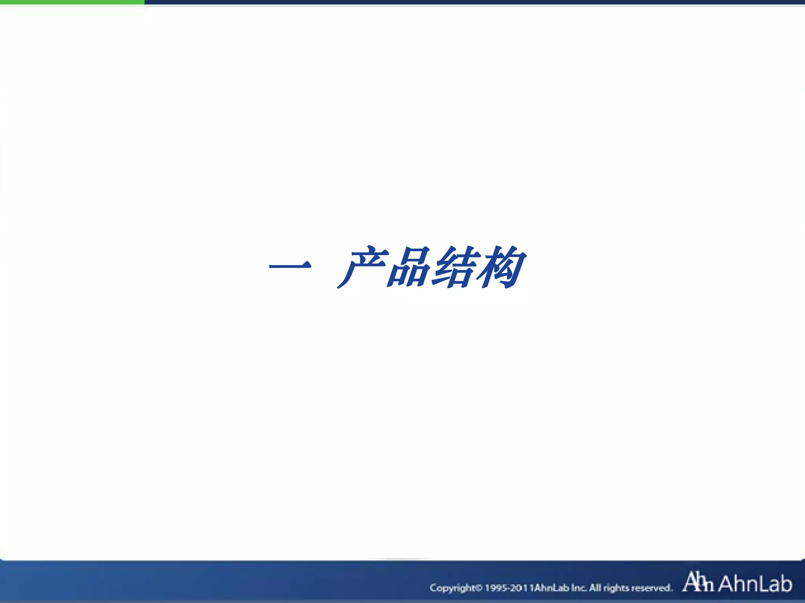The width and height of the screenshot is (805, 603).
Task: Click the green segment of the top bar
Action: [72, 2]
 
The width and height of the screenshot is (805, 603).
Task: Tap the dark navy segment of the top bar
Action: [472, 2]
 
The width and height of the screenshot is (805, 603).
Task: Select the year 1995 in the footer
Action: [496, 588]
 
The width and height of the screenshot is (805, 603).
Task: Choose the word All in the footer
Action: [595, 588]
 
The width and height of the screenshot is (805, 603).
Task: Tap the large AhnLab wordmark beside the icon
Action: [755, 583]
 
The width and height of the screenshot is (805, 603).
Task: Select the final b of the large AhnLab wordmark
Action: [785, 583]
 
